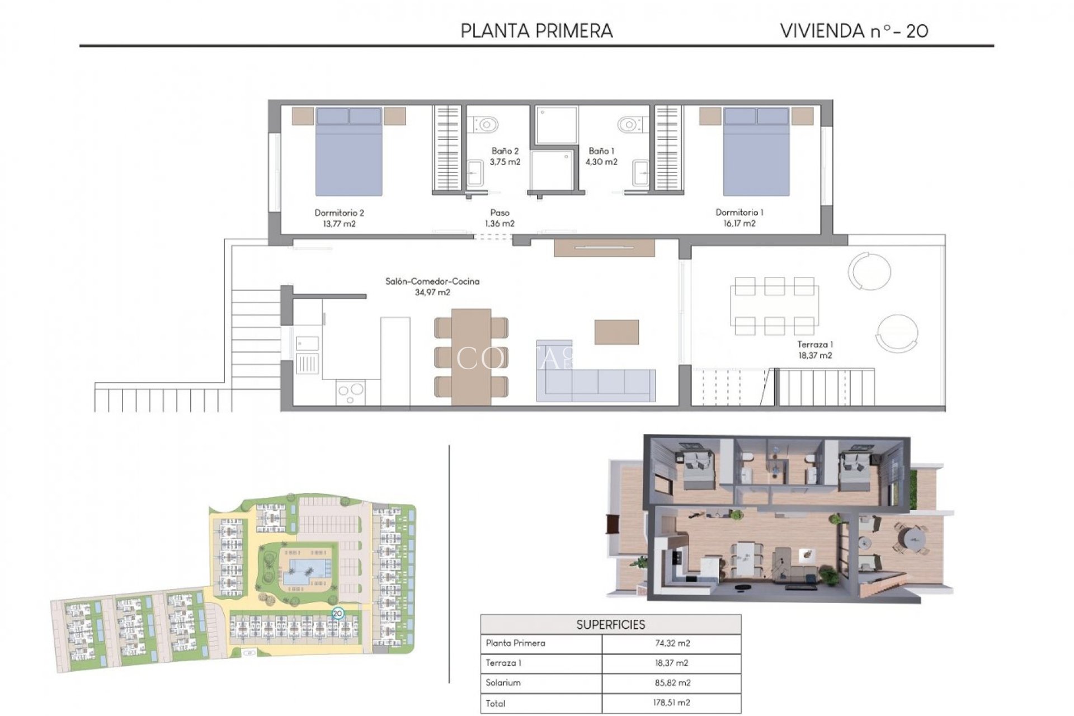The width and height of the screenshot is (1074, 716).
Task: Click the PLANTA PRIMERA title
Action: (536, 31)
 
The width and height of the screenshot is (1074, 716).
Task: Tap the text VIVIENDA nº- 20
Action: (854, 31)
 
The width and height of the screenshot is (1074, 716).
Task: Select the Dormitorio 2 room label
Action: (339, 213)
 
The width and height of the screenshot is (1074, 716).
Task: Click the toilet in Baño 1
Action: (630, 124)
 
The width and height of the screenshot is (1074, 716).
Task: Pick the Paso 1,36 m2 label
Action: (500, 218)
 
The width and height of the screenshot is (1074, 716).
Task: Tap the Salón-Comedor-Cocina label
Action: (432, 281)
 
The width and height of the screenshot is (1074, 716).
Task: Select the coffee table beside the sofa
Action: (616, 332)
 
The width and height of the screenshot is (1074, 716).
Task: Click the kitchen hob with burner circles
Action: (351, 392)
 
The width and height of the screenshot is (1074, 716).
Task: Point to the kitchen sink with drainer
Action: (307, 355)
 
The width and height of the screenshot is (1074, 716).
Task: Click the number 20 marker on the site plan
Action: (337, 614)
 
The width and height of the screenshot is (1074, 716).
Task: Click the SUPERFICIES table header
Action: (610, 625)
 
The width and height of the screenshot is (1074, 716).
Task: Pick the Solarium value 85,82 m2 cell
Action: (672, 683)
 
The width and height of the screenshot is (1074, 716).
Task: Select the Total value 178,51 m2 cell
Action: (672, 703)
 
